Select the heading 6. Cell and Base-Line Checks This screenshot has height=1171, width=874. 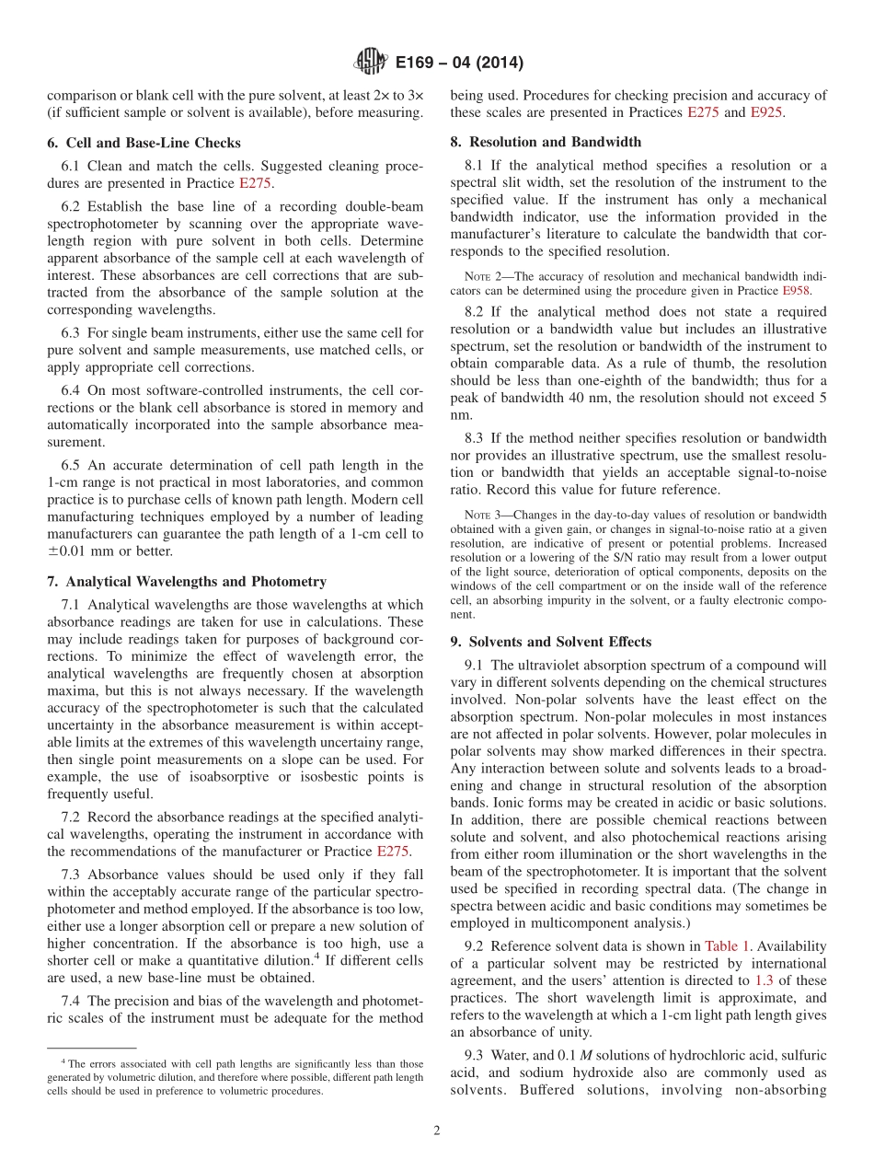(144, 143)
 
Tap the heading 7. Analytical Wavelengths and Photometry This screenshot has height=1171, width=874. (187, 581)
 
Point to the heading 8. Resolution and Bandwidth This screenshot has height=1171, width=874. (546, 142)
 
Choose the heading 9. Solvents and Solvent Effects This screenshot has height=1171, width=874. (550, 642)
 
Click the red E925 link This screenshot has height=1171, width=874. (767, 112)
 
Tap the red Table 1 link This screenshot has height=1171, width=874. (727, 946)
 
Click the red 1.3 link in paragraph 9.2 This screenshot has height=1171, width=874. (763, 963)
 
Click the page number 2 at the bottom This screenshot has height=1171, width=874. (437, 1131)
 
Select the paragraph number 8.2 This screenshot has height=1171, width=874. (475, 312)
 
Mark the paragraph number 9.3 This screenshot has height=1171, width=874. (475, 1055)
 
